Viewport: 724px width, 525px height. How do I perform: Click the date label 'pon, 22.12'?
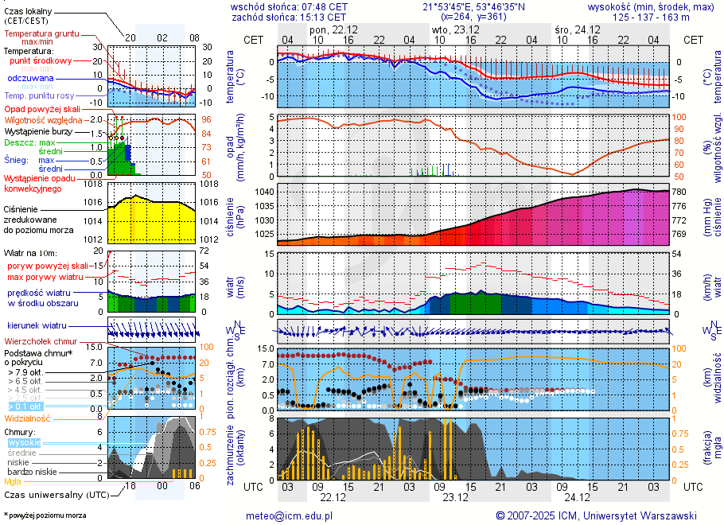(333, 29)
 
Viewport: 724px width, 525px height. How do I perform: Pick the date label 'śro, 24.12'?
(577, 29)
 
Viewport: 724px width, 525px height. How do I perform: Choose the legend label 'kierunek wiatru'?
(37, 326)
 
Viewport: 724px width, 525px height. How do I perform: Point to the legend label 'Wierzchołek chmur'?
(45, 341)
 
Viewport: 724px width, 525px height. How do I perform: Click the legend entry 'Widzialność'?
(28, 418)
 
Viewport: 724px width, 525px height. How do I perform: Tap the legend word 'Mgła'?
(13, 481)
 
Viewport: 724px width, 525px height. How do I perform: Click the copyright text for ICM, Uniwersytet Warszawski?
(596, 515)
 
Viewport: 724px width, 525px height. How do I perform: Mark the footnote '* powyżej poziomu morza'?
(45, 515)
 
